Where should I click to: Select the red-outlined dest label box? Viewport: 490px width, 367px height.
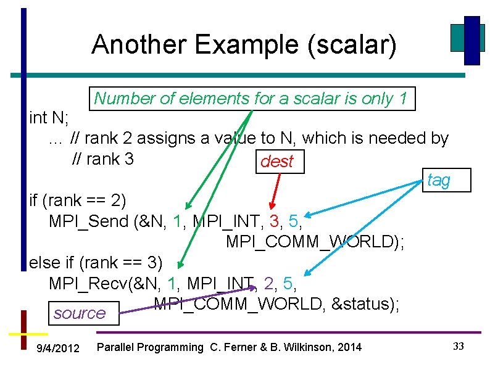pos(276,162)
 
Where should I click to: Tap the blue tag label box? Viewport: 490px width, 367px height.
pos(439,180)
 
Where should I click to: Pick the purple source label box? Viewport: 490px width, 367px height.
pos(80,313)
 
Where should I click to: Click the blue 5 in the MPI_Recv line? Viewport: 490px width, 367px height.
pos(288,283)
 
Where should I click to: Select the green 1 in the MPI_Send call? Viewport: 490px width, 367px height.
pos(178,220)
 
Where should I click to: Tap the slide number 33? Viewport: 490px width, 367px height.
pos(458,347)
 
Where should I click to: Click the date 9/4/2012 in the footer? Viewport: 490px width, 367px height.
pos(58,348)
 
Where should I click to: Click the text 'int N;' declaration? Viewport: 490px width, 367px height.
pos(49,117)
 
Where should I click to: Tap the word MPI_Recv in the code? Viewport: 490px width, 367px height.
pos(86,283)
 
